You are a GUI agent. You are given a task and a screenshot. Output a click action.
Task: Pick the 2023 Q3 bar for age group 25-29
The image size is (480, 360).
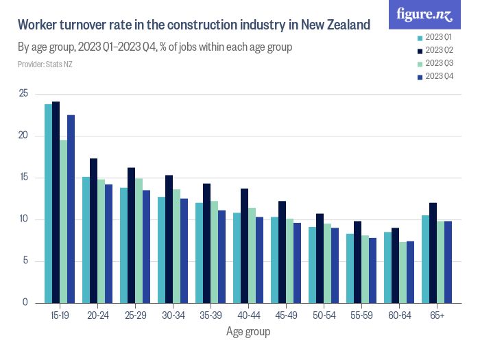[x=139, y=240]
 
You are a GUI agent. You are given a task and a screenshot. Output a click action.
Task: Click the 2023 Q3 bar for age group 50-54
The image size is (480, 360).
[x=327, y=263]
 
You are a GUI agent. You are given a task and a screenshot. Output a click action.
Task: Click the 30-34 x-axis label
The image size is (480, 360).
[x=172, y=315]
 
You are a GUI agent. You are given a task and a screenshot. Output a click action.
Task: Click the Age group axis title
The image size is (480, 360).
[x=248, y=332]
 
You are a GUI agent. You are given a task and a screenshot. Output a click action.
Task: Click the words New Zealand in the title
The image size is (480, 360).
[x=335, y=25]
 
